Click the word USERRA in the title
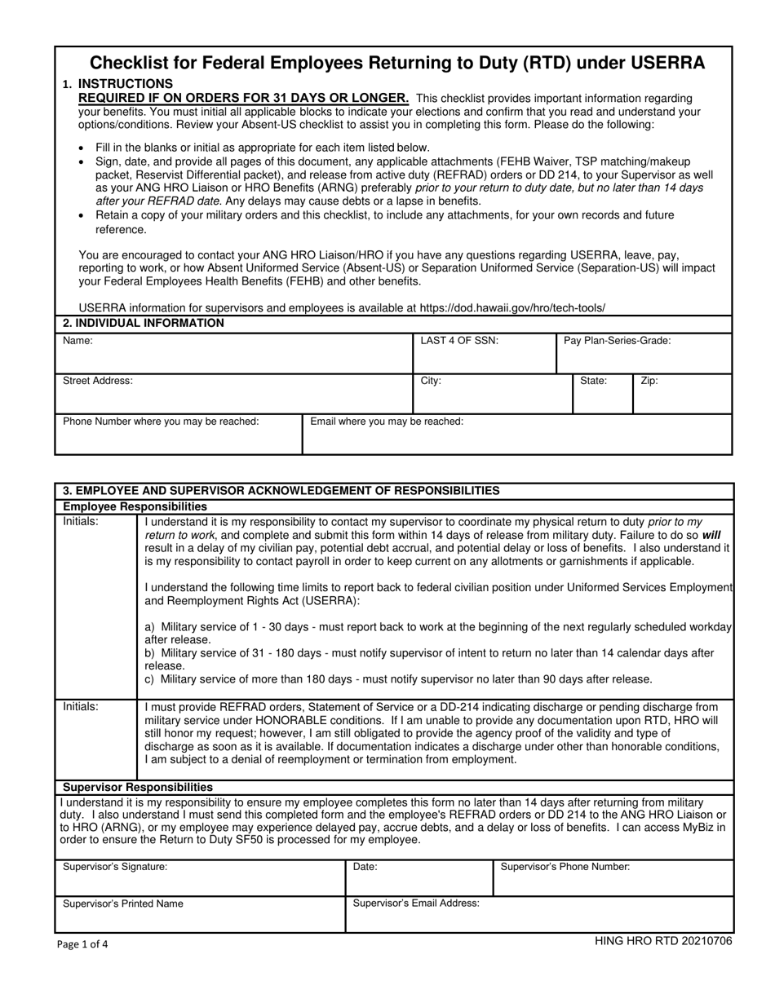(662, 63)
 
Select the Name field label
(77, 341)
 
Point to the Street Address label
(98, 381)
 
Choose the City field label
(431, 381)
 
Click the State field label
(593, 381)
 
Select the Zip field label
(649, 381)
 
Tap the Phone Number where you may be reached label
(162, 421)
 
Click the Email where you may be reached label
(387, 421)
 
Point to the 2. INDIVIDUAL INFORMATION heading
(144, 323)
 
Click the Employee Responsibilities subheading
(135, 506)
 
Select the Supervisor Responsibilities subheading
(138, 787)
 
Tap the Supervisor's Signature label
(115, 867)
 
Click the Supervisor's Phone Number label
(565, 867)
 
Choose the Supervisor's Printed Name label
(123, 904)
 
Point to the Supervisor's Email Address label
(416, 903)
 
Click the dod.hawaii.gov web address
(512, 307)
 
